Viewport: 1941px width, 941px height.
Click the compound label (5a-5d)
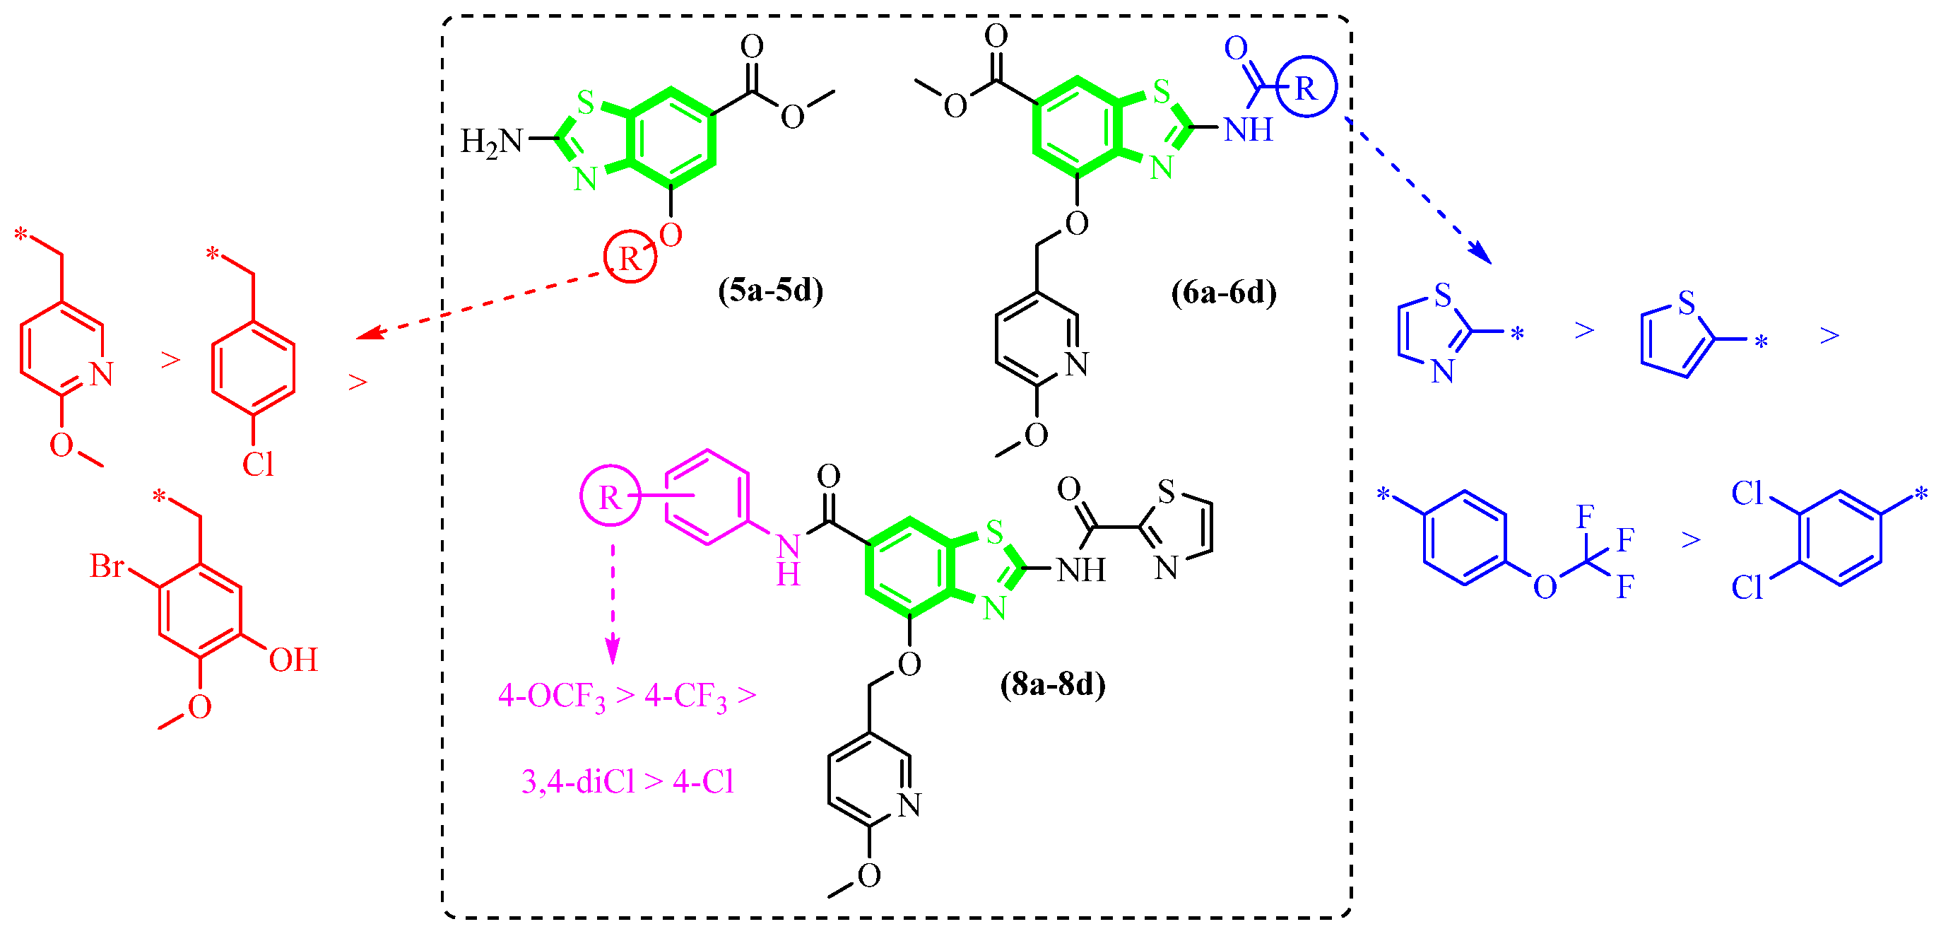pyautogui.click(x=770, y=291)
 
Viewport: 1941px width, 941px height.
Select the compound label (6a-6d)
pyautogui.click(x=1223, y=292)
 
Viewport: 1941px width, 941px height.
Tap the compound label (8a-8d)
pyautogui.click(x=1053, y=684)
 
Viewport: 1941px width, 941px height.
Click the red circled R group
pyautogui.click(x=630, y=258)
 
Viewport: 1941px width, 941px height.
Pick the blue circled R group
pyautogui.click(x=1306, y=87)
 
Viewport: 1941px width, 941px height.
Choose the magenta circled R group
pyautogui.click(x=610, y=496)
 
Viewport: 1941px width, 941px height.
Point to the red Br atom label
pyautogui.click(x=106, y=566)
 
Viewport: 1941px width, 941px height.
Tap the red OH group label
pyautogui.click(x=293, y=660)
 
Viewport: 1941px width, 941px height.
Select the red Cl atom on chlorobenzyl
pyautogui.click(x=257, y=464)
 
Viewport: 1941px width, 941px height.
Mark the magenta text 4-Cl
pyautogui.click(x=703, y=782)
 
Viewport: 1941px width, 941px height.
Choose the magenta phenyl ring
pyautogui.click(x=707, y=497)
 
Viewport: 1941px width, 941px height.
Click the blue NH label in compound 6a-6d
pyautogui.click(x=1248, y=129)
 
